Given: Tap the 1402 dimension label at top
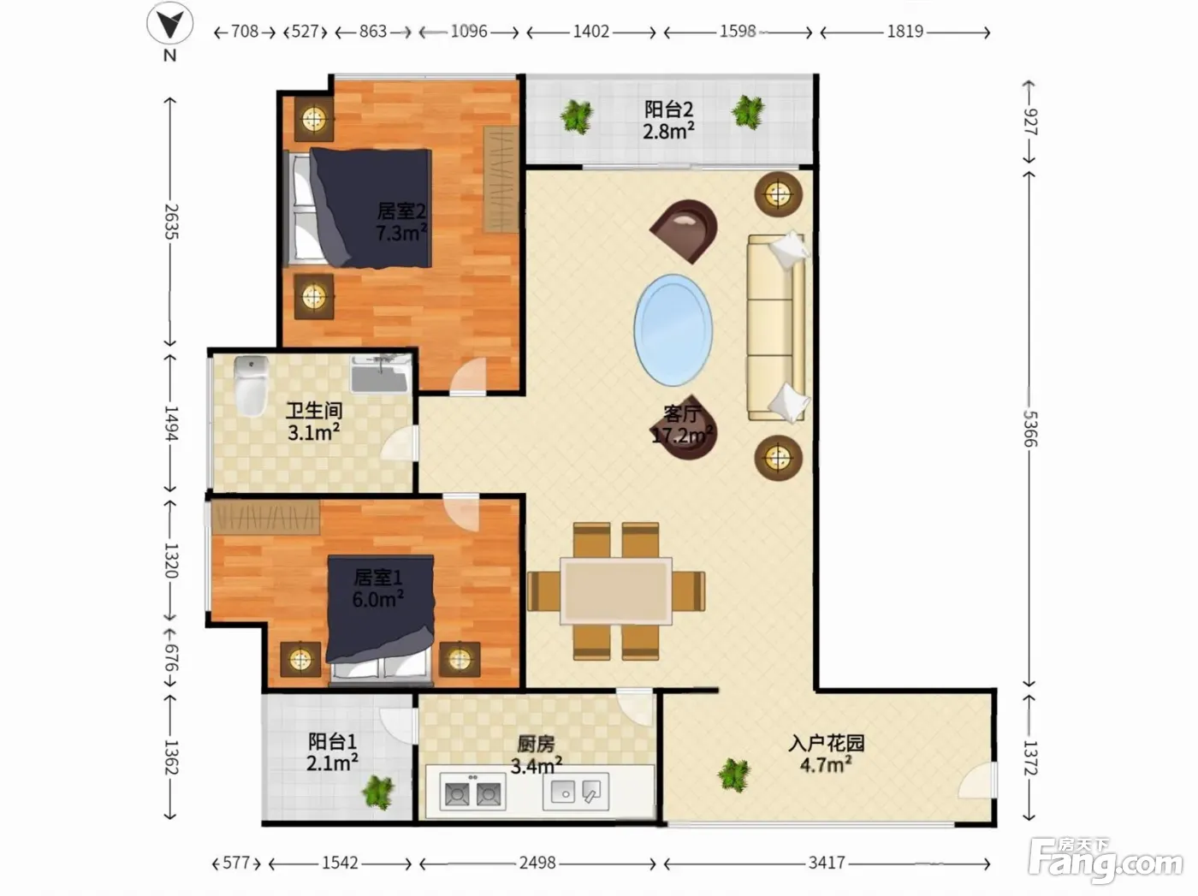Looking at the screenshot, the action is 591,32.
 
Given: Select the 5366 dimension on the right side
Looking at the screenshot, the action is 1029,429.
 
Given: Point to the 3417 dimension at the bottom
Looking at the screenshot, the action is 827,863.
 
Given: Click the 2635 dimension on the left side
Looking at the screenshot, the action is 171,222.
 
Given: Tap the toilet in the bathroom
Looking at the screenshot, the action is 251,385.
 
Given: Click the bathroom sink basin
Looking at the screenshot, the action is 381,374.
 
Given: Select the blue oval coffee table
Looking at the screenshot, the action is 673,329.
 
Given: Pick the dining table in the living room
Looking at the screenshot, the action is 616,590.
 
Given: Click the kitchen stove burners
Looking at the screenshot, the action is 472,792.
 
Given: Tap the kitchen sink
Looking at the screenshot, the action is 576,792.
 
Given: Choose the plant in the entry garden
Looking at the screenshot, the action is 734,774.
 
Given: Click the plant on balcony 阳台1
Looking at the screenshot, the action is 378,792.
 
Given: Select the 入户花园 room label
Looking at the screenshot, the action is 827,743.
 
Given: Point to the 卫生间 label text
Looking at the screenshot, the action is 314,411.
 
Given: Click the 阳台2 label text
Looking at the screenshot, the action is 668,110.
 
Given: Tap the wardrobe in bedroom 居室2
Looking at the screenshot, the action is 501,180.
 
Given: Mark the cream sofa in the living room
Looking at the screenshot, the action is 776,328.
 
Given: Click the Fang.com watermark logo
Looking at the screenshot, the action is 1106,861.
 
